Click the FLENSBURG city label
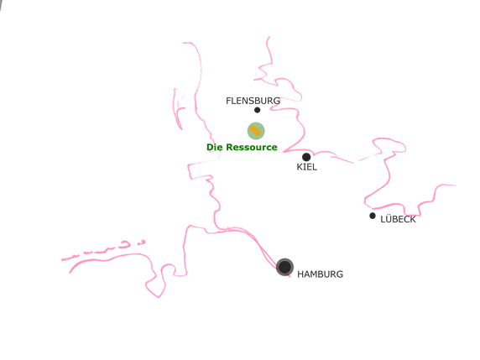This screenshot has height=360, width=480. (x=253, y=101)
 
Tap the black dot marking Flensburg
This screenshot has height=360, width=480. (x=257, y=110)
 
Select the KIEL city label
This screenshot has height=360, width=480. (x=307, y=167)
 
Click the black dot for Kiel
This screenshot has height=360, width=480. (x=306, y=157)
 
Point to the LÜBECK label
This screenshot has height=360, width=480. (x=398, y=219)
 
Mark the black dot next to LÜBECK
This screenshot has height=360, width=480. (x=373, y=216)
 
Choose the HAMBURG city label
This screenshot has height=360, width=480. (x=320, y=274)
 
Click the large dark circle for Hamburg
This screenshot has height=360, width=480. (x=284, y=267)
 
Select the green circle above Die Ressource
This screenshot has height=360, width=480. (x=256, y=131)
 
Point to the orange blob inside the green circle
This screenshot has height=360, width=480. (x=255, y=131)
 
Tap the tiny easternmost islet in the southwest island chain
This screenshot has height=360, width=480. (x=141, y=243)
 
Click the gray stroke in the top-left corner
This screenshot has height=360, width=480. (x=1, y=4)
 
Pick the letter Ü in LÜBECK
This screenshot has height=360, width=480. (x=387, y=218)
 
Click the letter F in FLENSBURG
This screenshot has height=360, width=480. (x=228, y=101)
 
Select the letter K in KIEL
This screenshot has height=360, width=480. (x=300, y=167)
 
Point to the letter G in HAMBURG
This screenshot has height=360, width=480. (x=340, y=274)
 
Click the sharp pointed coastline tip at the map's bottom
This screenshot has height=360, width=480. (x=159, y=297)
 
